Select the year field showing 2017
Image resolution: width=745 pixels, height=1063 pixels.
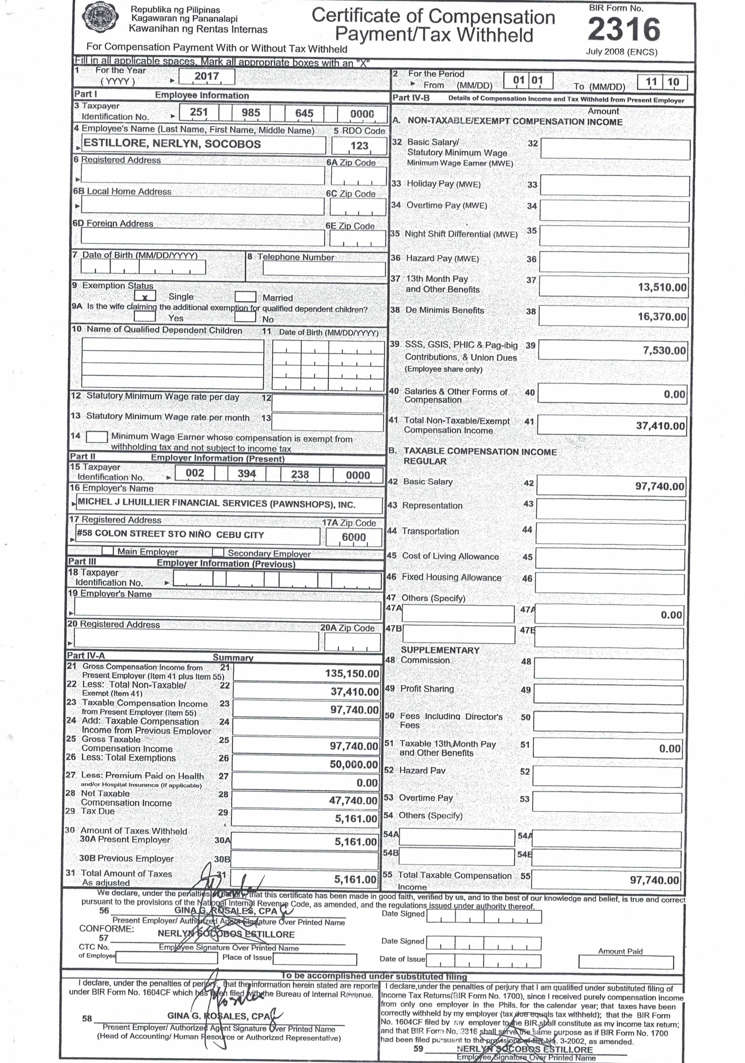[207, 76]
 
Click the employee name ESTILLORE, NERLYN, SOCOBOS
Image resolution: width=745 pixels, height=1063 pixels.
[172, 144]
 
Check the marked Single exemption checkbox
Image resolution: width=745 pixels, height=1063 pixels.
[145, 296]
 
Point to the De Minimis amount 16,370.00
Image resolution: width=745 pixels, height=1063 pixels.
[662, 317]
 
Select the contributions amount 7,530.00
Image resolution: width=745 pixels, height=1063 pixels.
[664, 350]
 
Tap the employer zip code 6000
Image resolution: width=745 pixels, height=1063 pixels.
[354, 537]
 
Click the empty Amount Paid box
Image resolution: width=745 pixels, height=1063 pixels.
[626, 962]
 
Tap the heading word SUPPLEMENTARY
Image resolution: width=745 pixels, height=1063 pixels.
[440, 650]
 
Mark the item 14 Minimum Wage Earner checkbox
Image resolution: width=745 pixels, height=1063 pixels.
[97, 437]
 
